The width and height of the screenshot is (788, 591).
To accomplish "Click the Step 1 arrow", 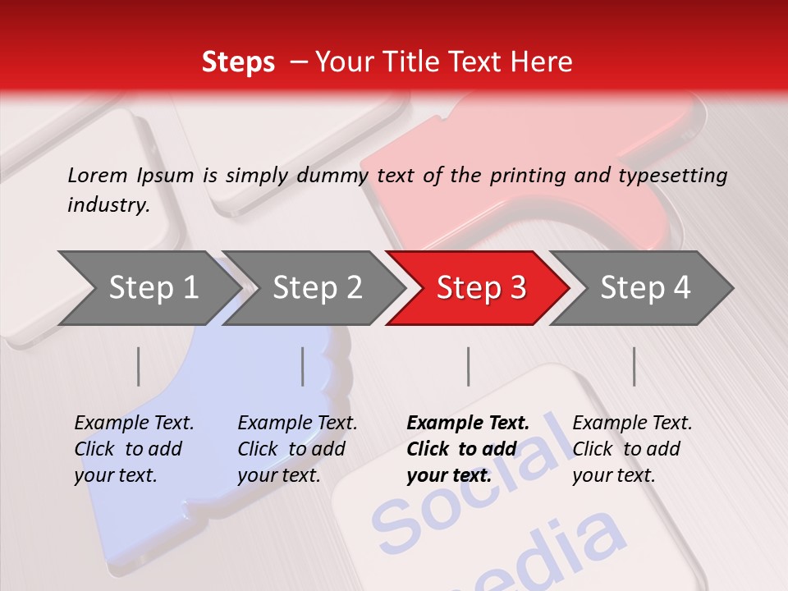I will point(148,288).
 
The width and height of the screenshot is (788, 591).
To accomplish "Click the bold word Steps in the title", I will point(238,62).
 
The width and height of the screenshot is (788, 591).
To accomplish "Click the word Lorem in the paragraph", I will point(98,175).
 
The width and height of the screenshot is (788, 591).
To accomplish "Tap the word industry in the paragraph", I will point(108,205).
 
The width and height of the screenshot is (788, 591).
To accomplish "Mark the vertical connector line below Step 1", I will point(139,366).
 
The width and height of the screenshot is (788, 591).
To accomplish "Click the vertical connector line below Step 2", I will point(303,366).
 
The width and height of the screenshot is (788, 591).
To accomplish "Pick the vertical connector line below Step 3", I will point(469,366).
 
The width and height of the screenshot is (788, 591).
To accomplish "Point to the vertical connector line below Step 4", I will point(635,366).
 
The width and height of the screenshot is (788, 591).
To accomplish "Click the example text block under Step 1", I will point(134,449).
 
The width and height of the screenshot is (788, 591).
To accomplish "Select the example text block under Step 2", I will point(297,449).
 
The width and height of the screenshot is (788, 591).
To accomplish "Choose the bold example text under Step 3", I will point(468,449).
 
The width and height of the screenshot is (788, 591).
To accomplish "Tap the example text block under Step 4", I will point(632,449).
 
